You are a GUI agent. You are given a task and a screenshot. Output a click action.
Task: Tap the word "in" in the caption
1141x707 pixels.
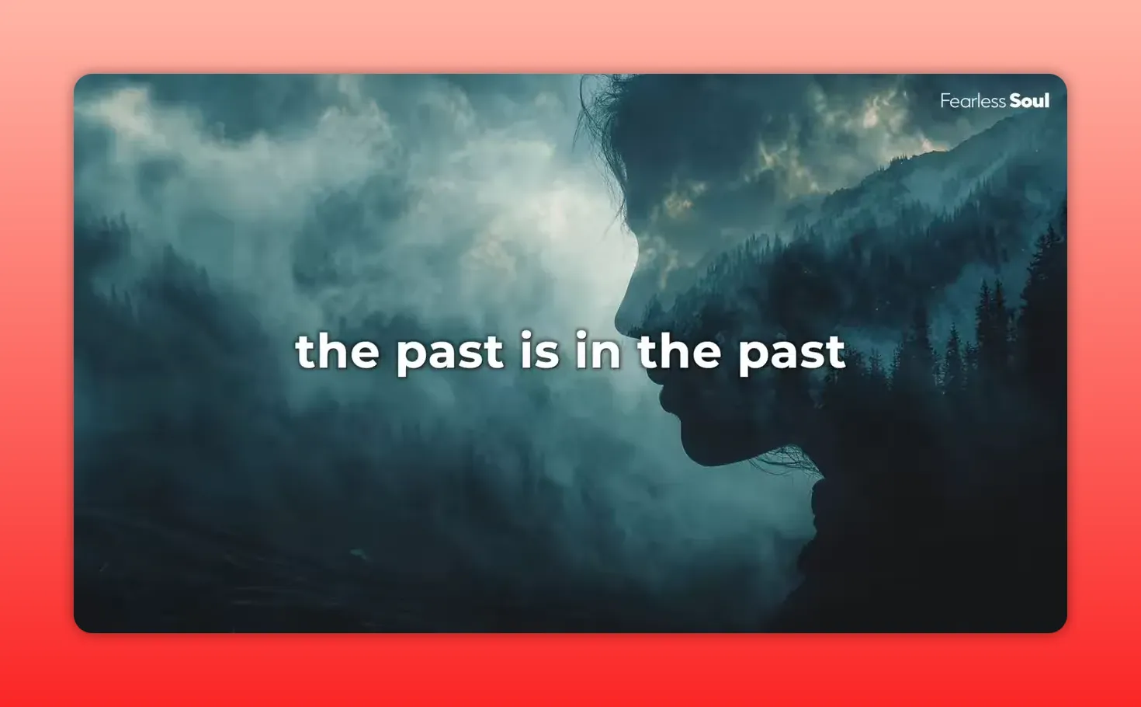tap(598, 351)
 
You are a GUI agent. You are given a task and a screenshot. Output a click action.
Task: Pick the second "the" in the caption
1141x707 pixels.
tap(679, 351)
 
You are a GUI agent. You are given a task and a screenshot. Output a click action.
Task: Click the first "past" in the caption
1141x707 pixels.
tap(449, 353)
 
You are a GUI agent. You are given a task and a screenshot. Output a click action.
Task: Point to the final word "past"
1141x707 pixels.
tap(791, 353)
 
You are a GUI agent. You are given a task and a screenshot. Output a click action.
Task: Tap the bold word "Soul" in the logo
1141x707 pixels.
tap(1029, 101)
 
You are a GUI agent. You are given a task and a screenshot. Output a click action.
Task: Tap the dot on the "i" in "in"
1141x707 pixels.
tap(582, 335)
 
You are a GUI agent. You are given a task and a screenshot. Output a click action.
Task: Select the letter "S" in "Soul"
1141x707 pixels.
tap(1016, 101)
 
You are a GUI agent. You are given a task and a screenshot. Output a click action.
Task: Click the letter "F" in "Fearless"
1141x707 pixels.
tap(945, 101)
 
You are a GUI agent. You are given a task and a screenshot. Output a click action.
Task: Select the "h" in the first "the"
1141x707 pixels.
tap(336, 350)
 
